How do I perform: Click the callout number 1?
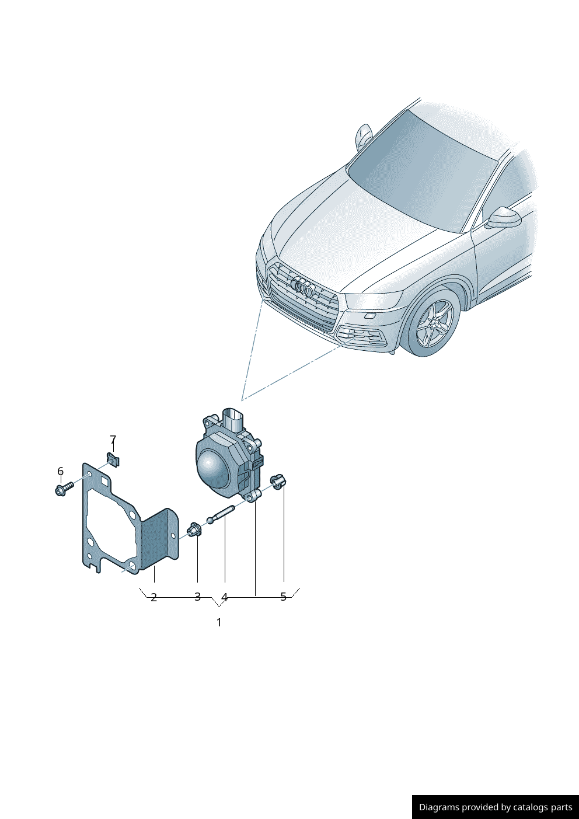point(219,622)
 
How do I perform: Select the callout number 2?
point(154,597)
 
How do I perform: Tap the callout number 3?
point(197,597)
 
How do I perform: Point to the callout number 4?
point(224,597)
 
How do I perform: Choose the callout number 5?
point(284,597)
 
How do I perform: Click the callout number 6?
point(60,471)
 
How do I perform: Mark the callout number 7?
point(113,440)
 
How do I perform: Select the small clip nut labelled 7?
point(113,460)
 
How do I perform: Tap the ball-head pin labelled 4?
point(220,515)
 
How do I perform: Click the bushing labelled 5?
point(278,482)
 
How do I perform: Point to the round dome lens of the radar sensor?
point(212,468)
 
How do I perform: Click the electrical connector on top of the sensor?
point(233,420)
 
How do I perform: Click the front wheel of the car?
point(434,325)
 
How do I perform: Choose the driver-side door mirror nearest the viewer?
point(503,218)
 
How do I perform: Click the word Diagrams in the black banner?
point(438,807)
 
